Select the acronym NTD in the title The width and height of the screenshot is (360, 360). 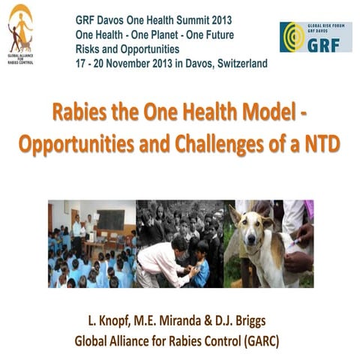tap(322, 142)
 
